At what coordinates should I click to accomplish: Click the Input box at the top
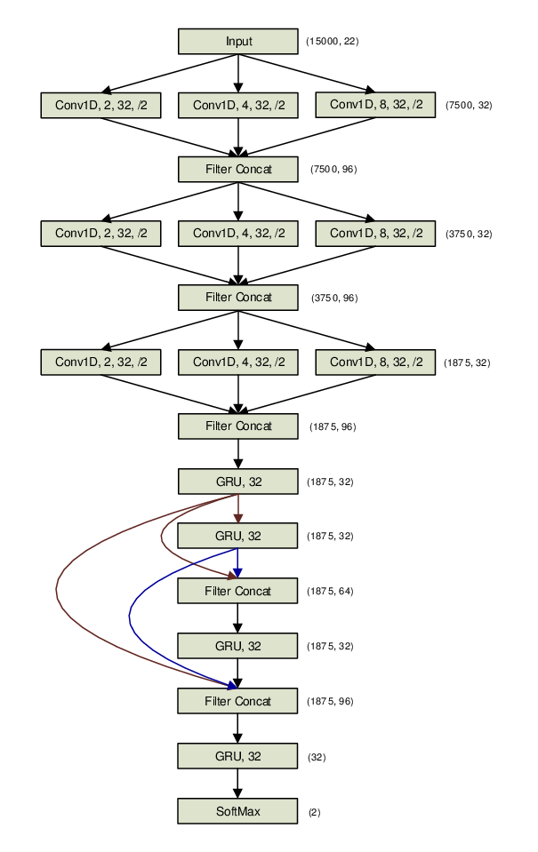[x=237, y=42]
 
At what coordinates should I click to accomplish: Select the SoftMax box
[x=237, y=811]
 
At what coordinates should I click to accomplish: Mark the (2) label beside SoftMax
[x=314, y=812]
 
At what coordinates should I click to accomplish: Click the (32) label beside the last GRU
[x=316, y=757]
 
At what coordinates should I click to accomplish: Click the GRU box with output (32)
[x=237, y=756]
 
